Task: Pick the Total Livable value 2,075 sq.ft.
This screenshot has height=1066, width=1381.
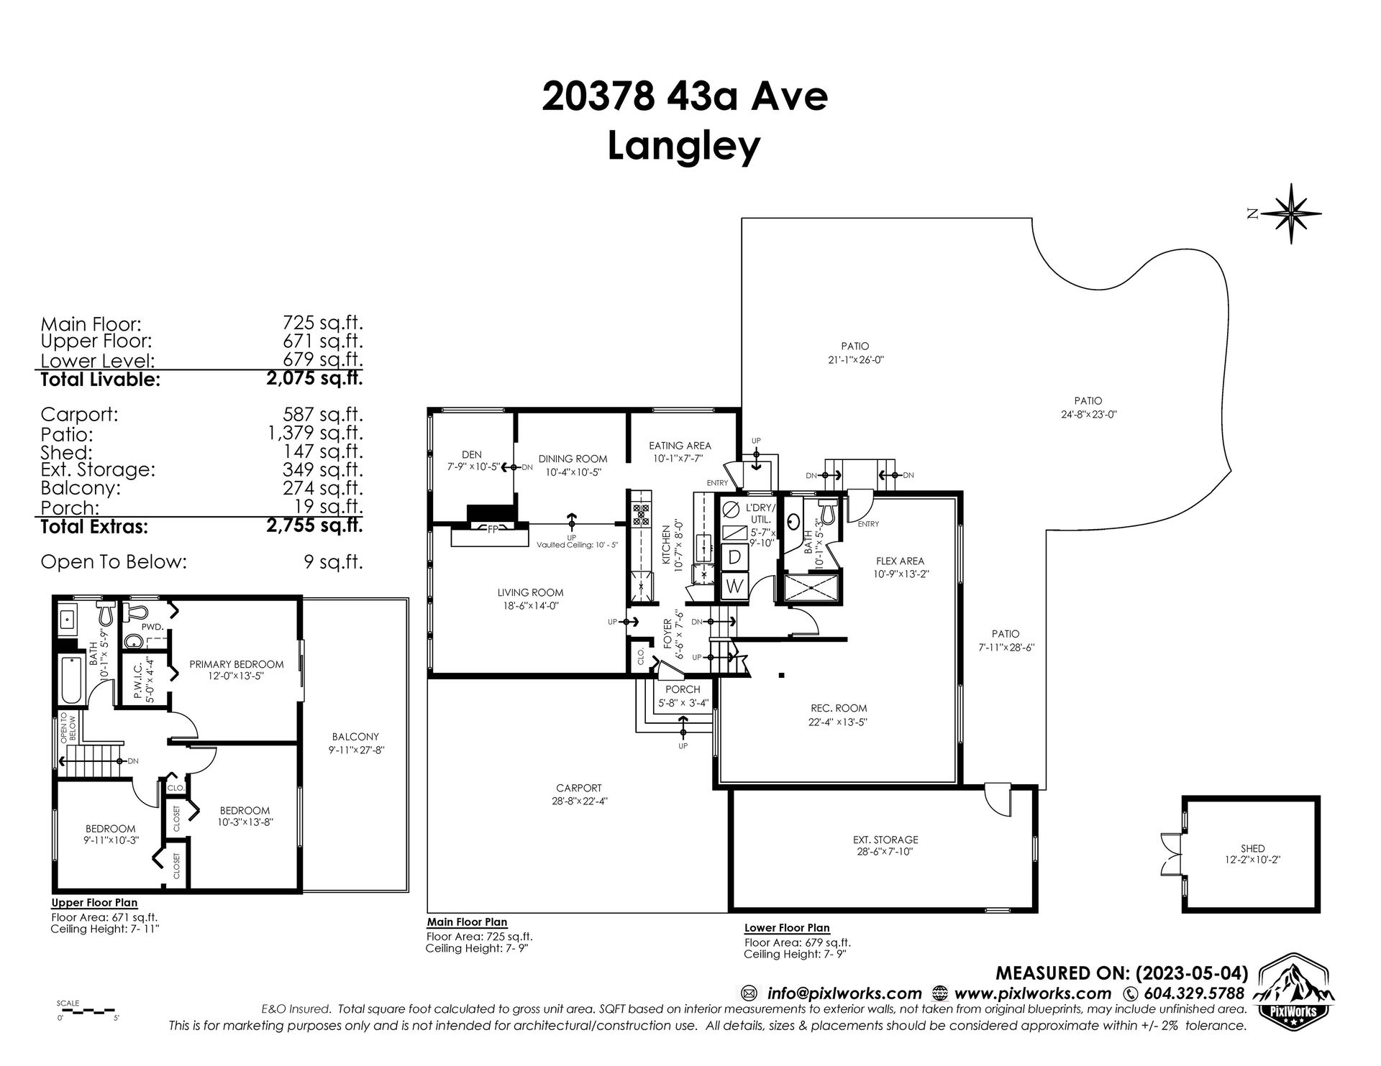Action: (314, 378)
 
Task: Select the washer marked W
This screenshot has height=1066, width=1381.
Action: (734, 586)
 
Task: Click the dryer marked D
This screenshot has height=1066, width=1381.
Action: (734, 556)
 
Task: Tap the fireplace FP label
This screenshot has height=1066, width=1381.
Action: (493, 528)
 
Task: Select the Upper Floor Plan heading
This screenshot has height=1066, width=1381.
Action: (94, 903)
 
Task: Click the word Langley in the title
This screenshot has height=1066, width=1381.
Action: (684, 146)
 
